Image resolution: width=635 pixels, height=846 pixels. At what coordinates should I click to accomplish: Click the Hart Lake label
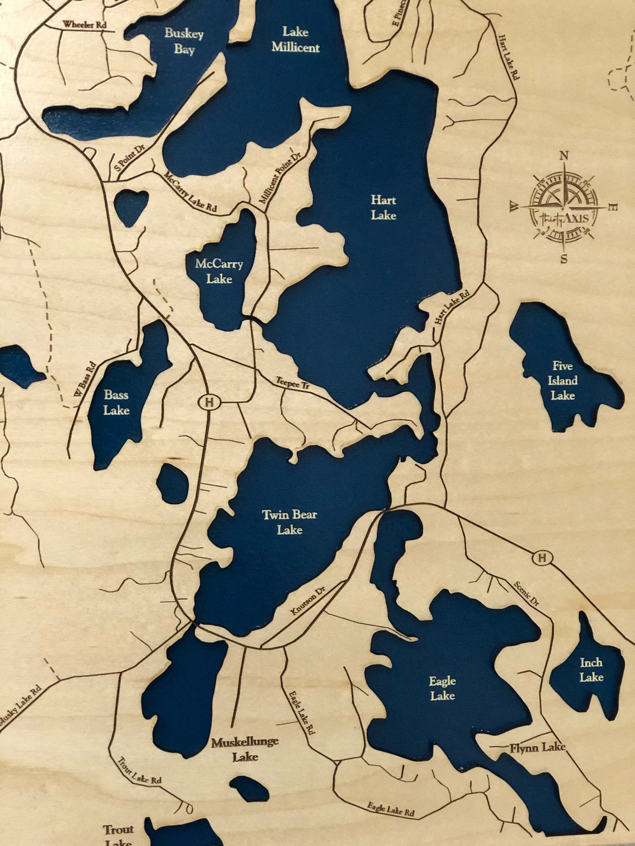[x=383, y=208]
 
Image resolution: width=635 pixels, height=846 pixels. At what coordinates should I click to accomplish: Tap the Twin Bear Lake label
[x=290, y=522]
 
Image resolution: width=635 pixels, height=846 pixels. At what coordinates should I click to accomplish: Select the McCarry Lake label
[x=219, y=271]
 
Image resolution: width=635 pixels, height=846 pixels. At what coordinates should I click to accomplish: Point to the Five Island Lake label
[x=563, y=381]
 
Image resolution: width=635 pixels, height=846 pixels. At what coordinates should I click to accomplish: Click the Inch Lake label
[x=591, y=670]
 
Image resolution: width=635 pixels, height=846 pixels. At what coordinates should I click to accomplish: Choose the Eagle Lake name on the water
[x=442, y=688]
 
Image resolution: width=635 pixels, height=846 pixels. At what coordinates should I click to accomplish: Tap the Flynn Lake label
[x=538, y=747]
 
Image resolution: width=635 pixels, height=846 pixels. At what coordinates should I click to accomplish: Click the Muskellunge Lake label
[x=245, y=749]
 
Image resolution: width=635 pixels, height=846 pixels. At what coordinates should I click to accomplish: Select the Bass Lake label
[x=116, y=402]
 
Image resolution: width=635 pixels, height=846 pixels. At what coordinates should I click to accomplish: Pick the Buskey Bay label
[x=184, y=41]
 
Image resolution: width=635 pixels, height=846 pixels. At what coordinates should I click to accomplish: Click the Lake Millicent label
[x=296, y=40]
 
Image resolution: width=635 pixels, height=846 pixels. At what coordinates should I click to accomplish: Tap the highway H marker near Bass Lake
[x=209, y=402]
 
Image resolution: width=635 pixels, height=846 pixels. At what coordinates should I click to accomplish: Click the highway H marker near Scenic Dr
[x=541, y=557]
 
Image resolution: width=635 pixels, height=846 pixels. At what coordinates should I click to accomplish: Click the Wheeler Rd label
[x=84, y=24]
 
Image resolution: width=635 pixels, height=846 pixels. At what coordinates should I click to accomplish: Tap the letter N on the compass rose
[x=564, y=156]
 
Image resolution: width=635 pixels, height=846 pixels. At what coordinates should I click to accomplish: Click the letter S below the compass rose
[x=564, y=259]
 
